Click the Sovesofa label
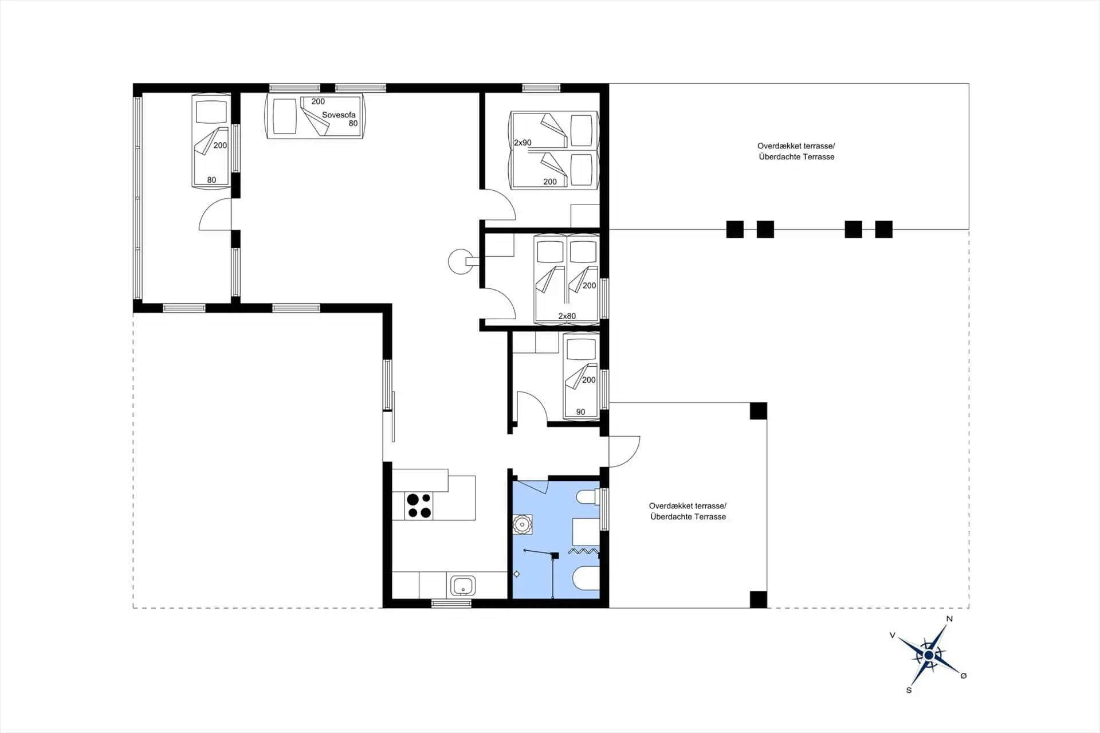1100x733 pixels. pyautogui.click(x=339, y=115)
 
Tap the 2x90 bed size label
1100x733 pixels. pyautogui.click(x=522, y=143)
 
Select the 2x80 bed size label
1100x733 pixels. pyautogui.click(x=567, y=316)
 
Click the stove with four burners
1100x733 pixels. pyautogui.click(x=419, y=506)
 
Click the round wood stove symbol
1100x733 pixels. pyautogui.click(x=460, y=261)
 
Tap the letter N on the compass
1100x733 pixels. pyautogui.click(x=949, y=619)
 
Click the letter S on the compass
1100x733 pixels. pyautogui.click(x=909, y=690)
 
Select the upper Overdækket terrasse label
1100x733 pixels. pyautogui.click(x=796, y=146)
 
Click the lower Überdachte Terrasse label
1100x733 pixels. pyautogui.click(x=688, y=517)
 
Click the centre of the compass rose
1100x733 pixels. pyautogui.click(x=929, y=654)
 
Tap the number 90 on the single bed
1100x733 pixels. pyautogui.click(x=580, y=412)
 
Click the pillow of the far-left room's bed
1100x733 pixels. pyautogui.click(x=211, y=112)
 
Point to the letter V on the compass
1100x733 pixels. pyautogui.click(x=892, y=636)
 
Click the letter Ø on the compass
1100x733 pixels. pyautogui.click(x=964, y=676)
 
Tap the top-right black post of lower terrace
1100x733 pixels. pyautogui.click(x=759, y=411)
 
